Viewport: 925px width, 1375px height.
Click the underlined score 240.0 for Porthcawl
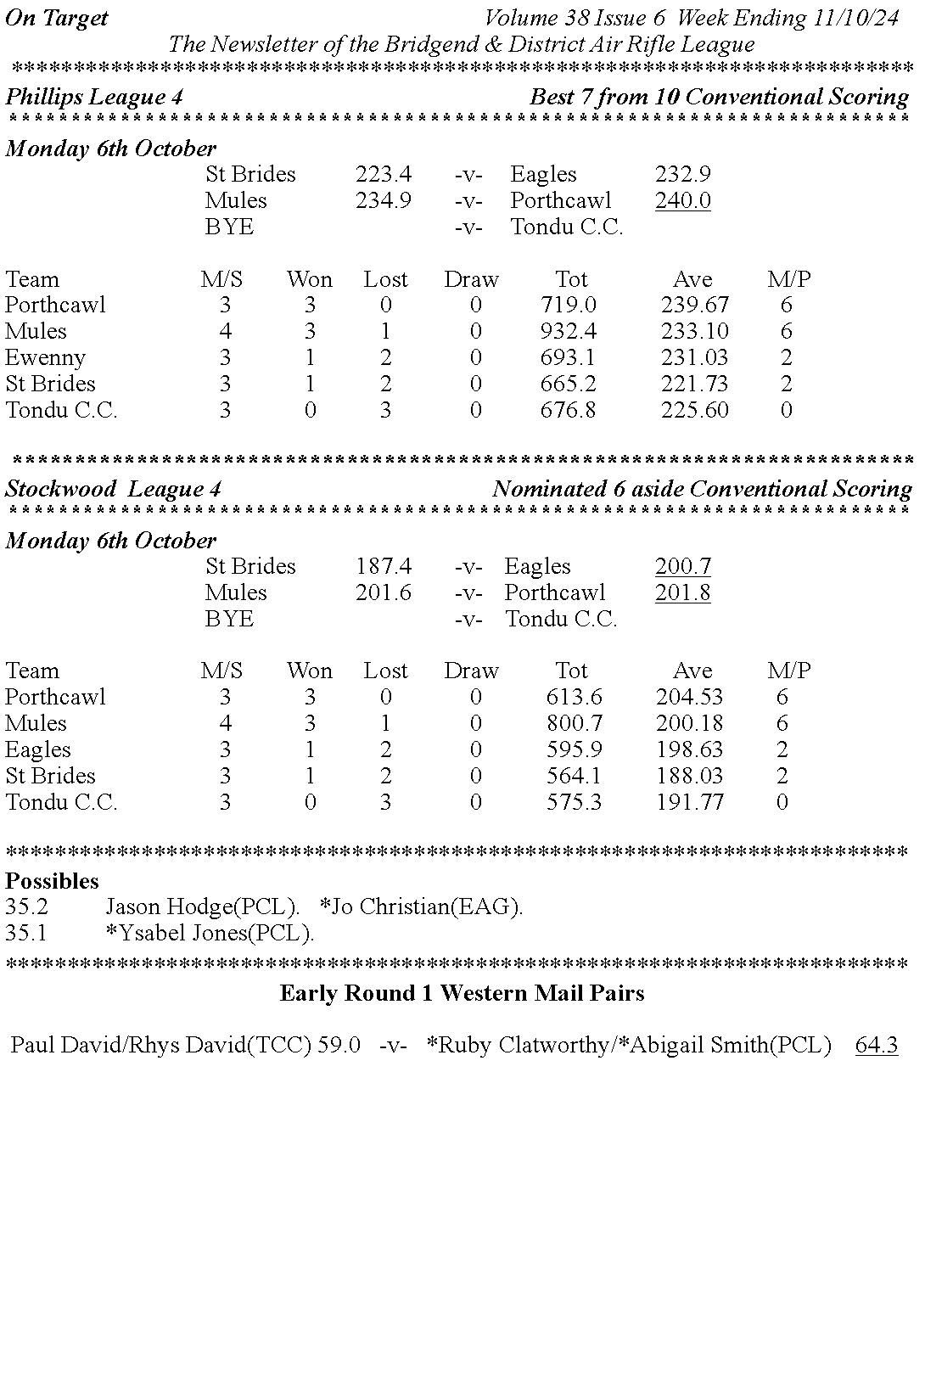[x=682, y=201]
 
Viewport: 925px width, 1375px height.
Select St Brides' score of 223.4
[x=383, y=175]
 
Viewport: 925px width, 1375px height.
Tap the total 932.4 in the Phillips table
[x=568, y=331]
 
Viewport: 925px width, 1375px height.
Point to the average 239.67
[x=694, y=305]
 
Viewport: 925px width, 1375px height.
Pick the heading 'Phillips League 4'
[x=94, y=97]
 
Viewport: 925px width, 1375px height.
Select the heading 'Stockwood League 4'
[x=113, y=489]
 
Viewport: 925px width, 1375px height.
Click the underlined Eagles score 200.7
[x=682, y=567]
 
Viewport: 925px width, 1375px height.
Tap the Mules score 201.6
[x=383, y=592]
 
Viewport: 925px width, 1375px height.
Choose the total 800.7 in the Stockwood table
[x=574, y=723]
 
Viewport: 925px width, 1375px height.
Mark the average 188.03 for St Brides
[x=689, y=776]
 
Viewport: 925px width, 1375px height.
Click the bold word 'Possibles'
[x=52, y=881]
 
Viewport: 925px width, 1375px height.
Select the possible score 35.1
[x=26, y=933]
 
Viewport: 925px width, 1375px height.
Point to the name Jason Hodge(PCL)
[x=202, y=906]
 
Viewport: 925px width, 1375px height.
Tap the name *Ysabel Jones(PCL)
[x=210, y=933]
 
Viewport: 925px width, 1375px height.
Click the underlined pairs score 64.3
[x=876, y=1045]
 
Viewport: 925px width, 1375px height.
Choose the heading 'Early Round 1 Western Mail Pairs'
[x=462, y=993]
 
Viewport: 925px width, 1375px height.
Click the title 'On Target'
[x=57, y=18]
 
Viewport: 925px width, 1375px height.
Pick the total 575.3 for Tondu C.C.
[x=574, y=802]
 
